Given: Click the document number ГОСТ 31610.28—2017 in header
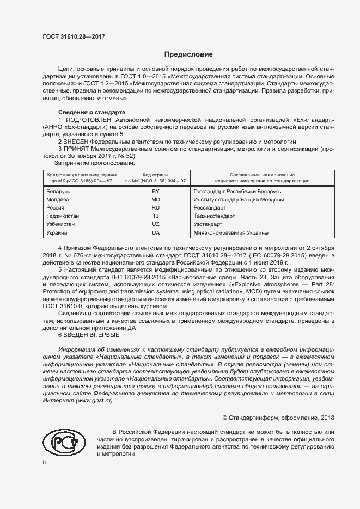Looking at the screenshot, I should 73,36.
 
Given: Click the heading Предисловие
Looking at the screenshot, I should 188,54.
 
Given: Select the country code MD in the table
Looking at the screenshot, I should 155,200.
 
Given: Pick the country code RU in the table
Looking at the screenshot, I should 155,208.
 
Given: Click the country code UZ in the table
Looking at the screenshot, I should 155,224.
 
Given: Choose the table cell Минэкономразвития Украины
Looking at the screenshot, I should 223,232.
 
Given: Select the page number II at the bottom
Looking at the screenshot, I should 45,462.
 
